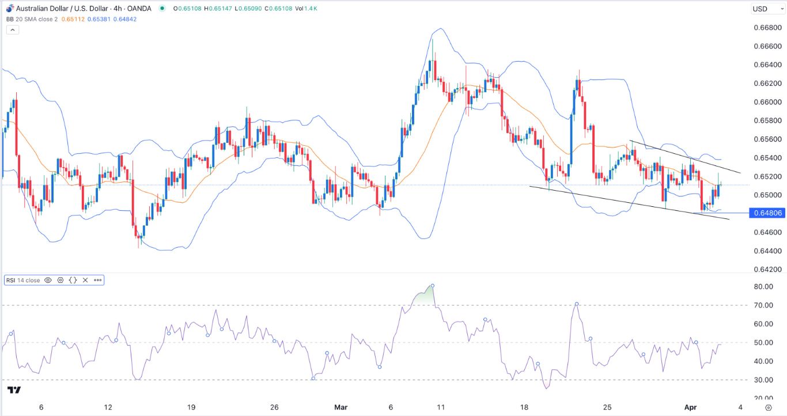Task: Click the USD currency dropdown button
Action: [x=764, y=9]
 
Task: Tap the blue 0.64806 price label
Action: [x=767, y=213]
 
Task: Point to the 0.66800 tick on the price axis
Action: [x=767, y=28]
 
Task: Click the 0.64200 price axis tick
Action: [x=767, y=269]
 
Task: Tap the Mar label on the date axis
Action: [x=341, y=407]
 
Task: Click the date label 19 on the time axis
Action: [x=192, y=407]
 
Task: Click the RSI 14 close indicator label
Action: [x=23, y=280]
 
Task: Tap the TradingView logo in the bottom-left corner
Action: [x=15, y=390]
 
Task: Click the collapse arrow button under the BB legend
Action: [x=12, y=29]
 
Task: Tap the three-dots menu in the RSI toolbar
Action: [x=97, y=280]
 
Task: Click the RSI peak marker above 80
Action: [x=432, y=286]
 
